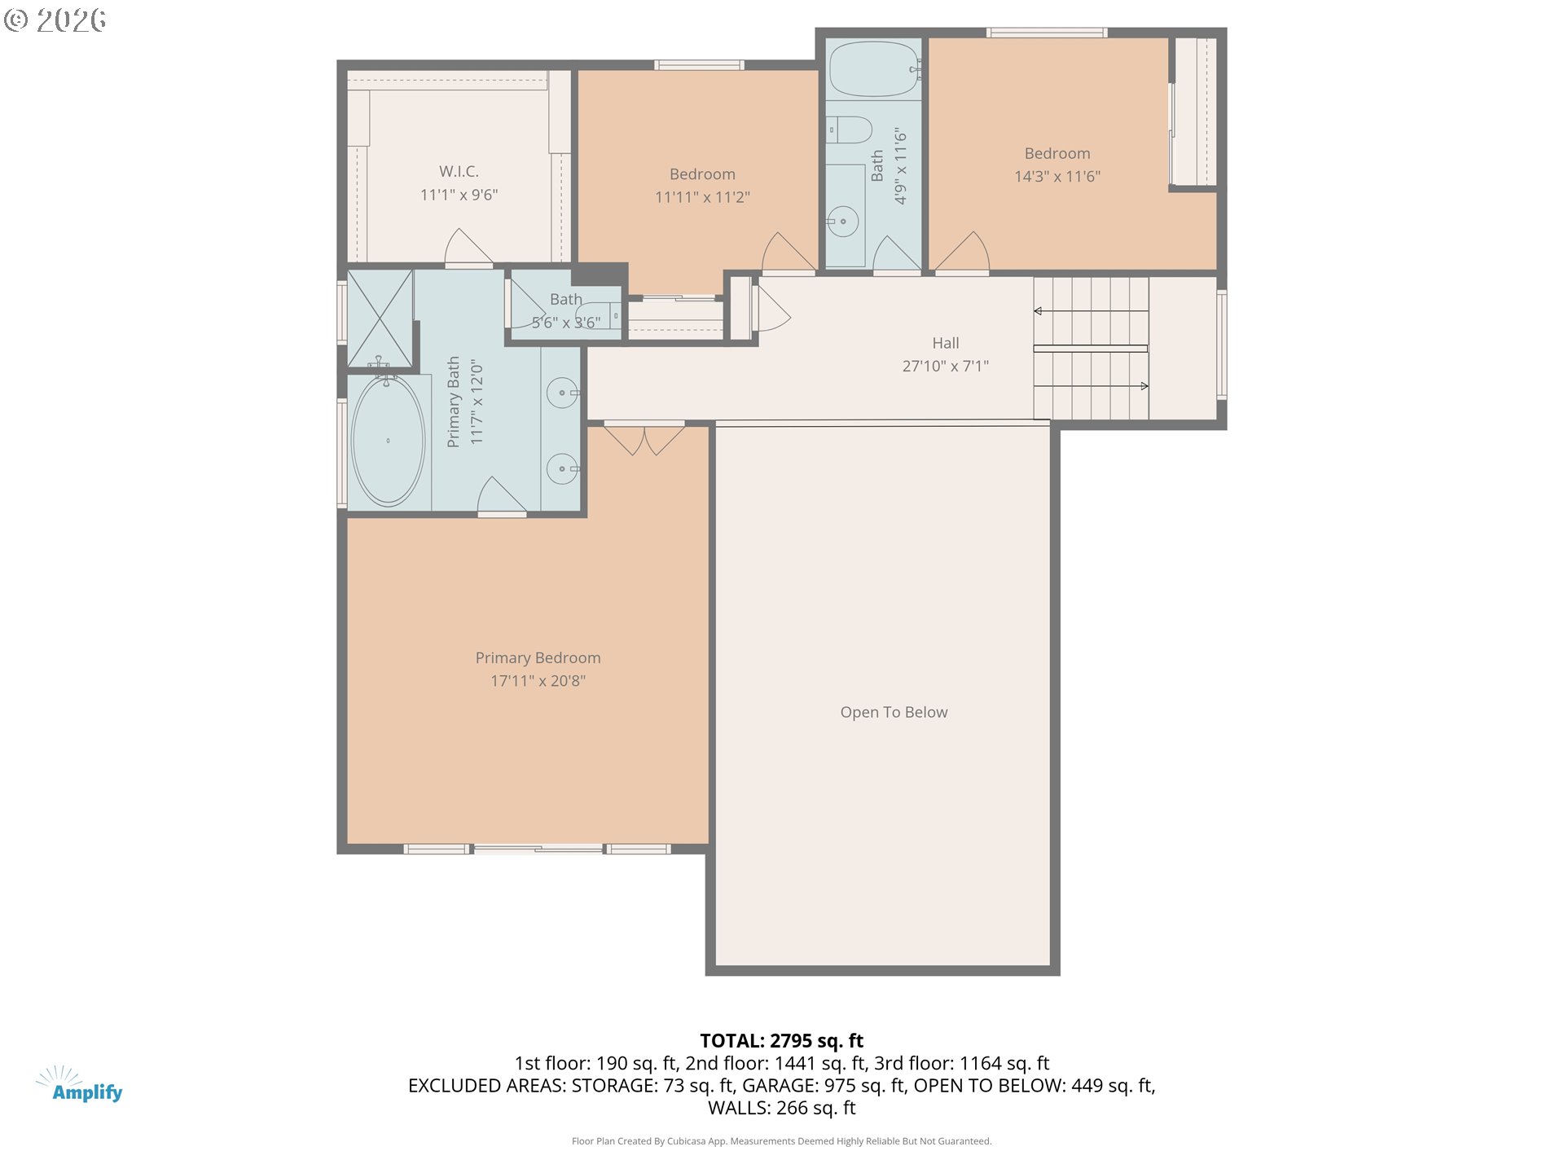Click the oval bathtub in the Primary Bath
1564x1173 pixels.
(x=388, y=441)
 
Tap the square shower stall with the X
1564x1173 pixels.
(x=380, y=319)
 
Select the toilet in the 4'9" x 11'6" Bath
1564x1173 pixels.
(x=849, y=130)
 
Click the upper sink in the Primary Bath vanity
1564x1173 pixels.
(x=562, y=393)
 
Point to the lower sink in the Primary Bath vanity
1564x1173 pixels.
(x=562, y=469)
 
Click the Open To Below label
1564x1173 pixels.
(x=894, y=712)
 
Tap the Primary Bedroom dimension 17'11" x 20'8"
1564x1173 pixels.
(x=538, y=681)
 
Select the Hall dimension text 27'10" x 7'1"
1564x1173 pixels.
(x=945, y=367)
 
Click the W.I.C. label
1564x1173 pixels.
(x=459, y=171)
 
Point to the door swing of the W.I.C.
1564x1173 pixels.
(x=467, y=248)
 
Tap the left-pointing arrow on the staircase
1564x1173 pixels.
(x=1038, y=311)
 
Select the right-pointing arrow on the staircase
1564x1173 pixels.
(x=1144, y=386)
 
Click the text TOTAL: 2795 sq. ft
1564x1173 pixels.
(x=781, y=1040)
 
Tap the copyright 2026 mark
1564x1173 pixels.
(x=55, y=20)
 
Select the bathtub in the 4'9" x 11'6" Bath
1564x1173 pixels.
(x=873, y=69)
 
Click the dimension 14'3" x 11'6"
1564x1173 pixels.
(x=1057, y=177)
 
